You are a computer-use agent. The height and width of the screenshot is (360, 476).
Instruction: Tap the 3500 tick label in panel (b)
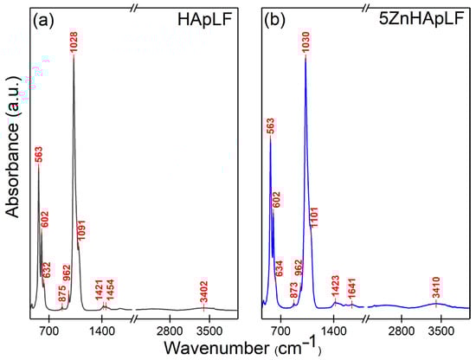(441, 331)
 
